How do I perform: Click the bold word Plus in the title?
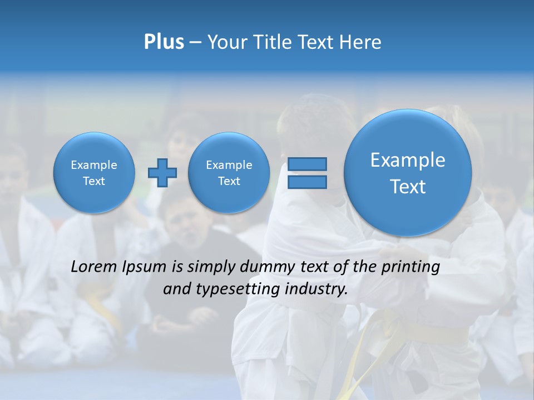[x=164, y=42]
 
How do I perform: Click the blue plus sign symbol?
[x=162, y=172]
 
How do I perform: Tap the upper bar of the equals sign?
[x=307, y=164]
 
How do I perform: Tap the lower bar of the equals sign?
[x=307, y=182]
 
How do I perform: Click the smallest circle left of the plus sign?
[x=93, y=172]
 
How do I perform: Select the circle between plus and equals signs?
[x=229, y=172]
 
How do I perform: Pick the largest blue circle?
[x=408, y=173]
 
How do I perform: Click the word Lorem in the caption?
[x=94, y=267]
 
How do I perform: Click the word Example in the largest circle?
[x=408, y=160]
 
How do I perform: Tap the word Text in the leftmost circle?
[x=93, y=181]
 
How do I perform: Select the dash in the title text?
[x=195, y=43]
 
